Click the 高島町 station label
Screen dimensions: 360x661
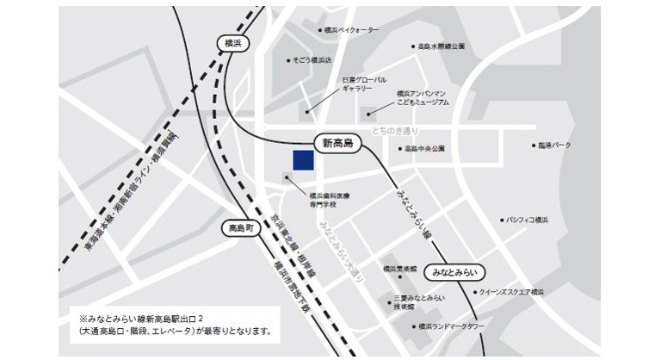click(x=238, y=228)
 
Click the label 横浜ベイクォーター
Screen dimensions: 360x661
click(x=351, y=30)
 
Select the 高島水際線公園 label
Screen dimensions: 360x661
click(x=442, y=47)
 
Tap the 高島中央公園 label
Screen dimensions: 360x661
click(x=425, y=149)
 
